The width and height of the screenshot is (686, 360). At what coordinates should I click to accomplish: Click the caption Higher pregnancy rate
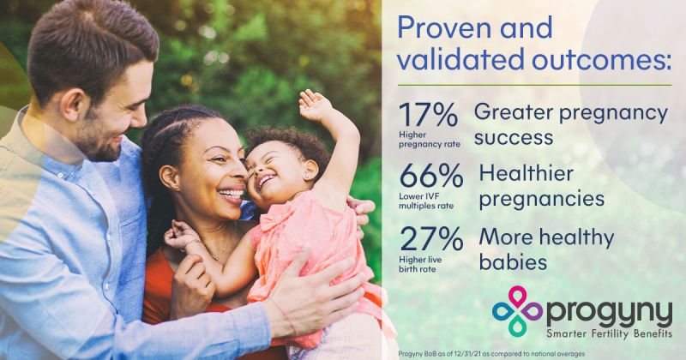(428, 139)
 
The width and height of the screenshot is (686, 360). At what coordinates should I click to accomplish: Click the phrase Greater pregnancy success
(569, 124)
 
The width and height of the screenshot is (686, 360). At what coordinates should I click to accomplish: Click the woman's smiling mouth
(231, 195)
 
